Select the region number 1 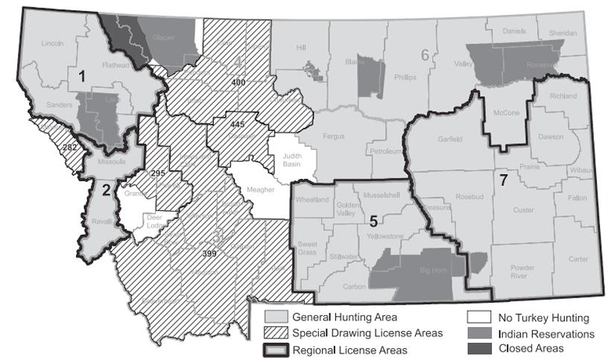[83, 75]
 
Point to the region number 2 [106, 189]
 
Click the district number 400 [238, 82]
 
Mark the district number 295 [157, 174]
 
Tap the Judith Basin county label [292, 160]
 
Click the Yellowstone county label [387, 236]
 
